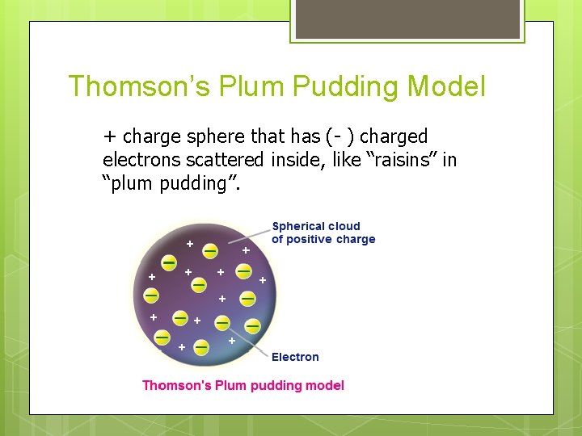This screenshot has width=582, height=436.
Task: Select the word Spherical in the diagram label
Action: coord(300,226)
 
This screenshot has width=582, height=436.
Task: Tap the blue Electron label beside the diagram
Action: coord(295,357)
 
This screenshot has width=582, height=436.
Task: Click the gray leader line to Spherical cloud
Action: coord(248,235)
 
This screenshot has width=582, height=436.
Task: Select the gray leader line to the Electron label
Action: coord(246,339)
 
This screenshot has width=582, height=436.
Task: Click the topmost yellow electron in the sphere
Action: coord(209,250)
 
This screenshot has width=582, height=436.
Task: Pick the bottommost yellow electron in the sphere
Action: coord(201,346)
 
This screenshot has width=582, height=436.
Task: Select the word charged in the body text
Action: coord(395,136)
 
